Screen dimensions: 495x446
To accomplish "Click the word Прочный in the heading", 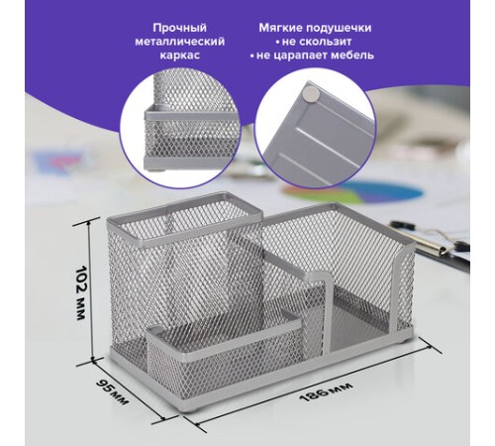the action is click(x=179, y=28).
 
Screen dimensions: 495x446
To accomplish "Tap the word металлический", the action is click(x=180, y=42).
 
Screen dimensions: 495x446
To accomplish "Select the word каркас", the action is click(x=180, y=55).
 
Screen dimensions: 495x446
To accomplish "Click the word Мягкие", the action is click(x=280, y=28).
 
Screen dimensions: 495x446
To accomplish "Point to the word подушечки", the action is click(x=338, y=29).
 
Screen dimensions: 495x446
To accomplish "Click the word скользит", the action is click(x=318, y=42).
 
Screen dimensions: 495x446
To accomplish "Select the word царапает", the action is click(x=298, y=56).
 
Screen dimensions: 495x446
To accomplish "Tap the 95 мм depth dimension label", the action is click(x=112, y=392).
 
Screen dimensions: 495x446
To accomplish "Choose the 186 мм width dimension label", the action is click(x=326, y=391).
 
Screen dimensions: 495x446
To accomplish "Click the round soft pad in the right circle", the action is click(x=311, y=93).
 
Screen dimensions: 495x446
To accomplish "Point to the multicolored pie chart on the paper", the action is click(x=352, y=192).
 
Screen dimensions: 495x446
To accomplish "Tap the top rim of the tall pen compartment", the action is click(x=184, y=219).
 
